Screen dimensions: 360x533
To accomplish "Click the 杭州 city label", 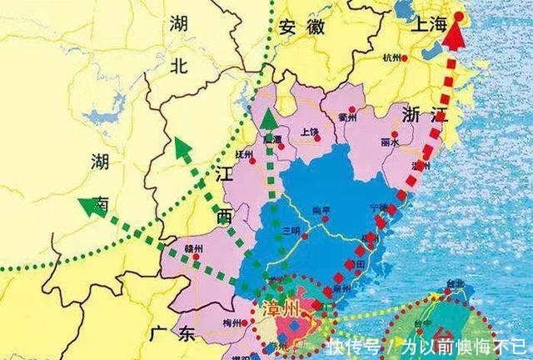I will (391, 57).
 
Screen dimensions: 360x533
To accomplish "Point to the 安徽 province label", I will (301, 26).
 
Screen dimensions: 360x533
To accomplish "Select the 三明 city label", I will (291, 230).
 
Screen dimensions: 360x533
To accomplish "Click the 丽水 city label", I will (390, 142).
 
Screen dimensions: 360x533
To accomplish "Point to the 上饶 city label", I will (310, 132).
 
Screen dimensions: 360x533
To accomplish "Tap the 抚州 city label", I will (244, 153).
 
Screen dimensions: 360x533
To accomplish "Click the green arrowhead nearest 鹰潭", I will (269, 120).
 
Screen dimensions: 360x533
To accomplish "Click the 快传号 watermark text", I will (353, 345).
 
